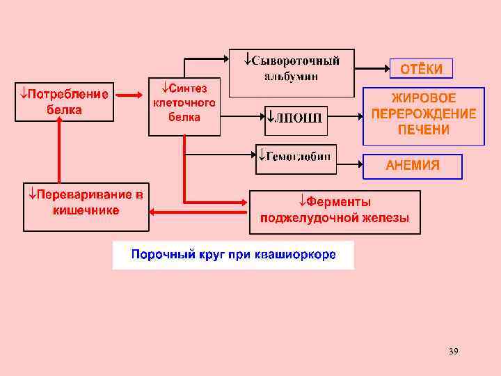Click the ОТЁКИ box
click(x=421, y=69)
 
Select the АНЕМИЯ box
click(x=413, y=165)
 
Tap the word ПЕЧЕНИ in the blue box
click(x=423, y=130)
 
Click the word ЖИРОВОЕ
click(x=423, y=99)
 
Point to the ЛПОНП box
click(x=294, y=117)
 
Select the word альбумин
click(x=292, y=76)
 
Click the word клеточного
click(x=184, y=102)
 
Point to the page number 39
click(x=454, y=351)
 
